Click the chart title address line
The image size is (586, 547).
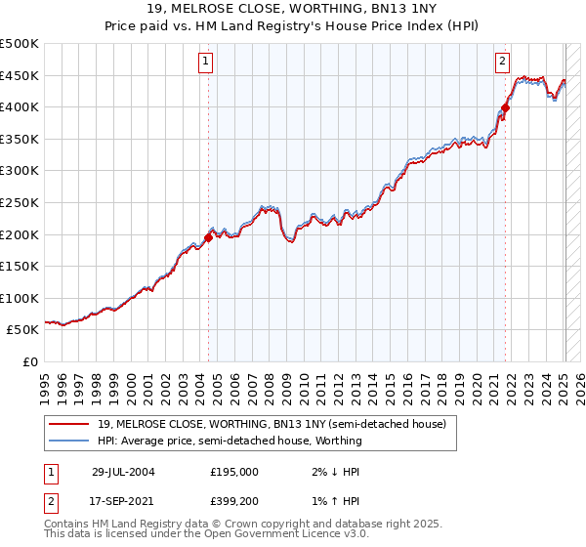point(293,9)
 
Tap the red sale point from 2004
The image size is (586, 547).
point(209,236)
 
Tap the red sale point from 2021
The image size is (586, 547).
point(505,107)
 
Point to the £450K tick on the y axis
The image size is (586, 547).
point(20,75)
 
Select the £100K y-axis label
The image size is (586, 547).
point(20,298)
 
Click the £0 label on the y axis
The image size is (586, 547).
point(30,361)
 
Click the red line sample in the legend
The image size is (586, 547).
point(69,424)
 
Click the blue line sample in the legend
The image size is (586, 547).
point(69,441)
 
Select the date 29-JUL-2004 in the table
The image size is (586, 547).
point(123,471)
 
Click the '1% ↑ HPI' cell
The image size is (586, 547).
point(328,500)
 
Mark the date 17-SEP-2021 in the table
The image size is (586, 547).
point(123,500)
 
